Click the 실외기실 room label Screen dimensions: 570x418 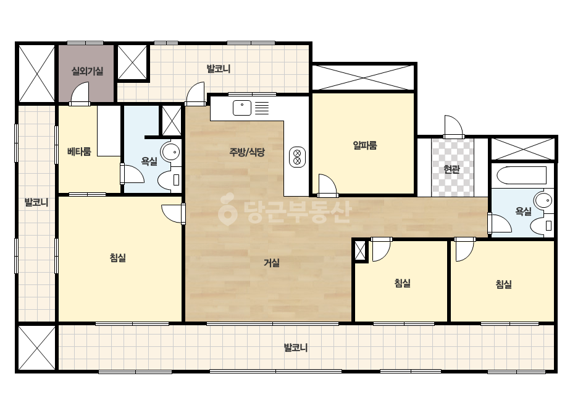click(x=87, y=71)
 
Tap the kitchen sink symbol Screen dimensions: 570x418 click(x=242, y=108)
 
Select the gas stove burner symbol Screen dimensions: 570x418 click(x=298, y=157)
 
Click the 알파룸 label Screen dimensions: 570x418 click(x=365, y=145)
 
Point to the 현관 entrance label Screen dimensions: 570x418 click(x=452, y=169)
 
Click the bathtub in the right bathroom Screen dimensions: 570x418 click(x=521, y=176)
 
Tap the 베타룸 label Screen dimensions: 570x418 click(x=79, y=151)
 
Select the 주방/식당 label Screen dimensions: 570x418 click(x=247, y=152)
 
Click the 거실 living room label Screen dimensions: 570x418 click(x=272, y=263)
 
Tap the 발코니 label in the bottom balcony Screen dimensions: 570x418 click(x=296, y=348)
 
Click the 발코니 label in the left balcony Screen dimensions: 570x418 click(x=36, y=202)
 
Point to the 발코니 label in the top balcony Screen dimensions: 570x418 click(x=219, y=69)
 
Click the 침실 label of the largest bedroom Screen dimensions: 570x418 click(x=118, y=258)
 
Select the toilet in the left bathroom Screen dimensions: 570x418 click(x=169, y=179)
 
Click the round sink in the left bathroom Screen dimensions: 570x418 click(x=170, y=152)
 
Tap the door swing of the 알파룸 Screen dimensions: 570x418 click(x=327, y=186)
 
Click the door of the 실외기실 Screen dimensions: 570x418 click(x=80, y=93)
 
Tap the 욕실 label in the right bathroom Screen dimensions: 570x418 click(x=524, y=211)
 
